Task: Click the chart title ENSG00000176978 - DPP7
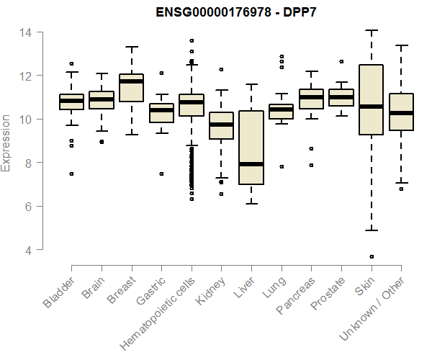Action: click(x=237, y=12)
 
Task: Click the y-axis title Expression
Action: click(x=6, y=142)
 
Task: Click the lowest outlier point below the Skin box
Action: click(x=371, y=257)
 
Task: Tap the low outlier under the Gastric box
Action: click(x=161, y=174)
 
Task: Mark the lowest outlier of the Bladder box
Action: click(x=72, y=174)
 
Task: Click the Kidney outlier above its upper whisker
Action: click(x=221, y=70)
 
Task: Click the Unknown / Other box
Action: click(x=400, y=112)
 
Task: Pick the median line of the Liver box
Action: click(x=251, y=164)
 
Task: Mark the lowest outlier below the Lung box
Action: click(x=281, y=166)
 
